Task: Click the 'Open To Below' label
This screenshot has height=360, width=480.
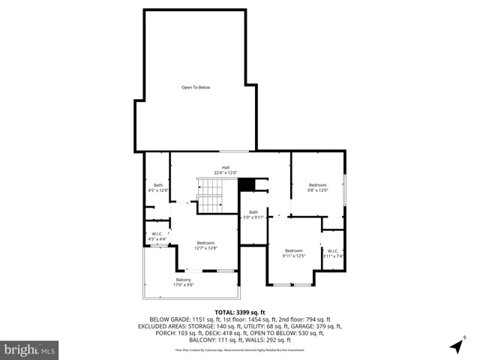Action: click(195, 87)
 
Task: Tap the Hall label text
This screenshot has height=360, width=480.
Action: click(225, 167)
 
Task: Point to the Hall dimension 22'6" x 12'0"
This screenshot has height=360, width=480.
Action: click(225, 173)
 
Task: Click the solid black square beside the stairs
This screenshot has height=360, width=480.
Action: click(245, 184)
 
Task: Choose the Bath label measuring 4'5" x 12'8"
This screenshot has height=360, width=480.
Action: click(158, 185)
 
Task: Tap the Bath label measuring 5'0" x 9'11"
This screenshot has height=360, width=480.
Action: click(253, 211)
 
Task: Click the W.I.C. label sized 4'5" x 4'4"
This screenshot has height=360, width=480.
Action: click(157, 235)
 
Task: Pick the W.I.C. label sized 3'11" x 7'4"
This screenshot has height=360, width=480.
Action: click(332, 252)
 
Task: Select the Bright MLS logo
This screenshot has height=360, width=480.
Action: click(29, 349)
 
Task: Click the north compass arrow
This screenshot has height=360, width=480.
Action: click(456, 346)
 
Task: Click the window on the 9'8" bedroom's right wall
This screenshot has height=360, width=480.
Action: click(345, 188)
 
